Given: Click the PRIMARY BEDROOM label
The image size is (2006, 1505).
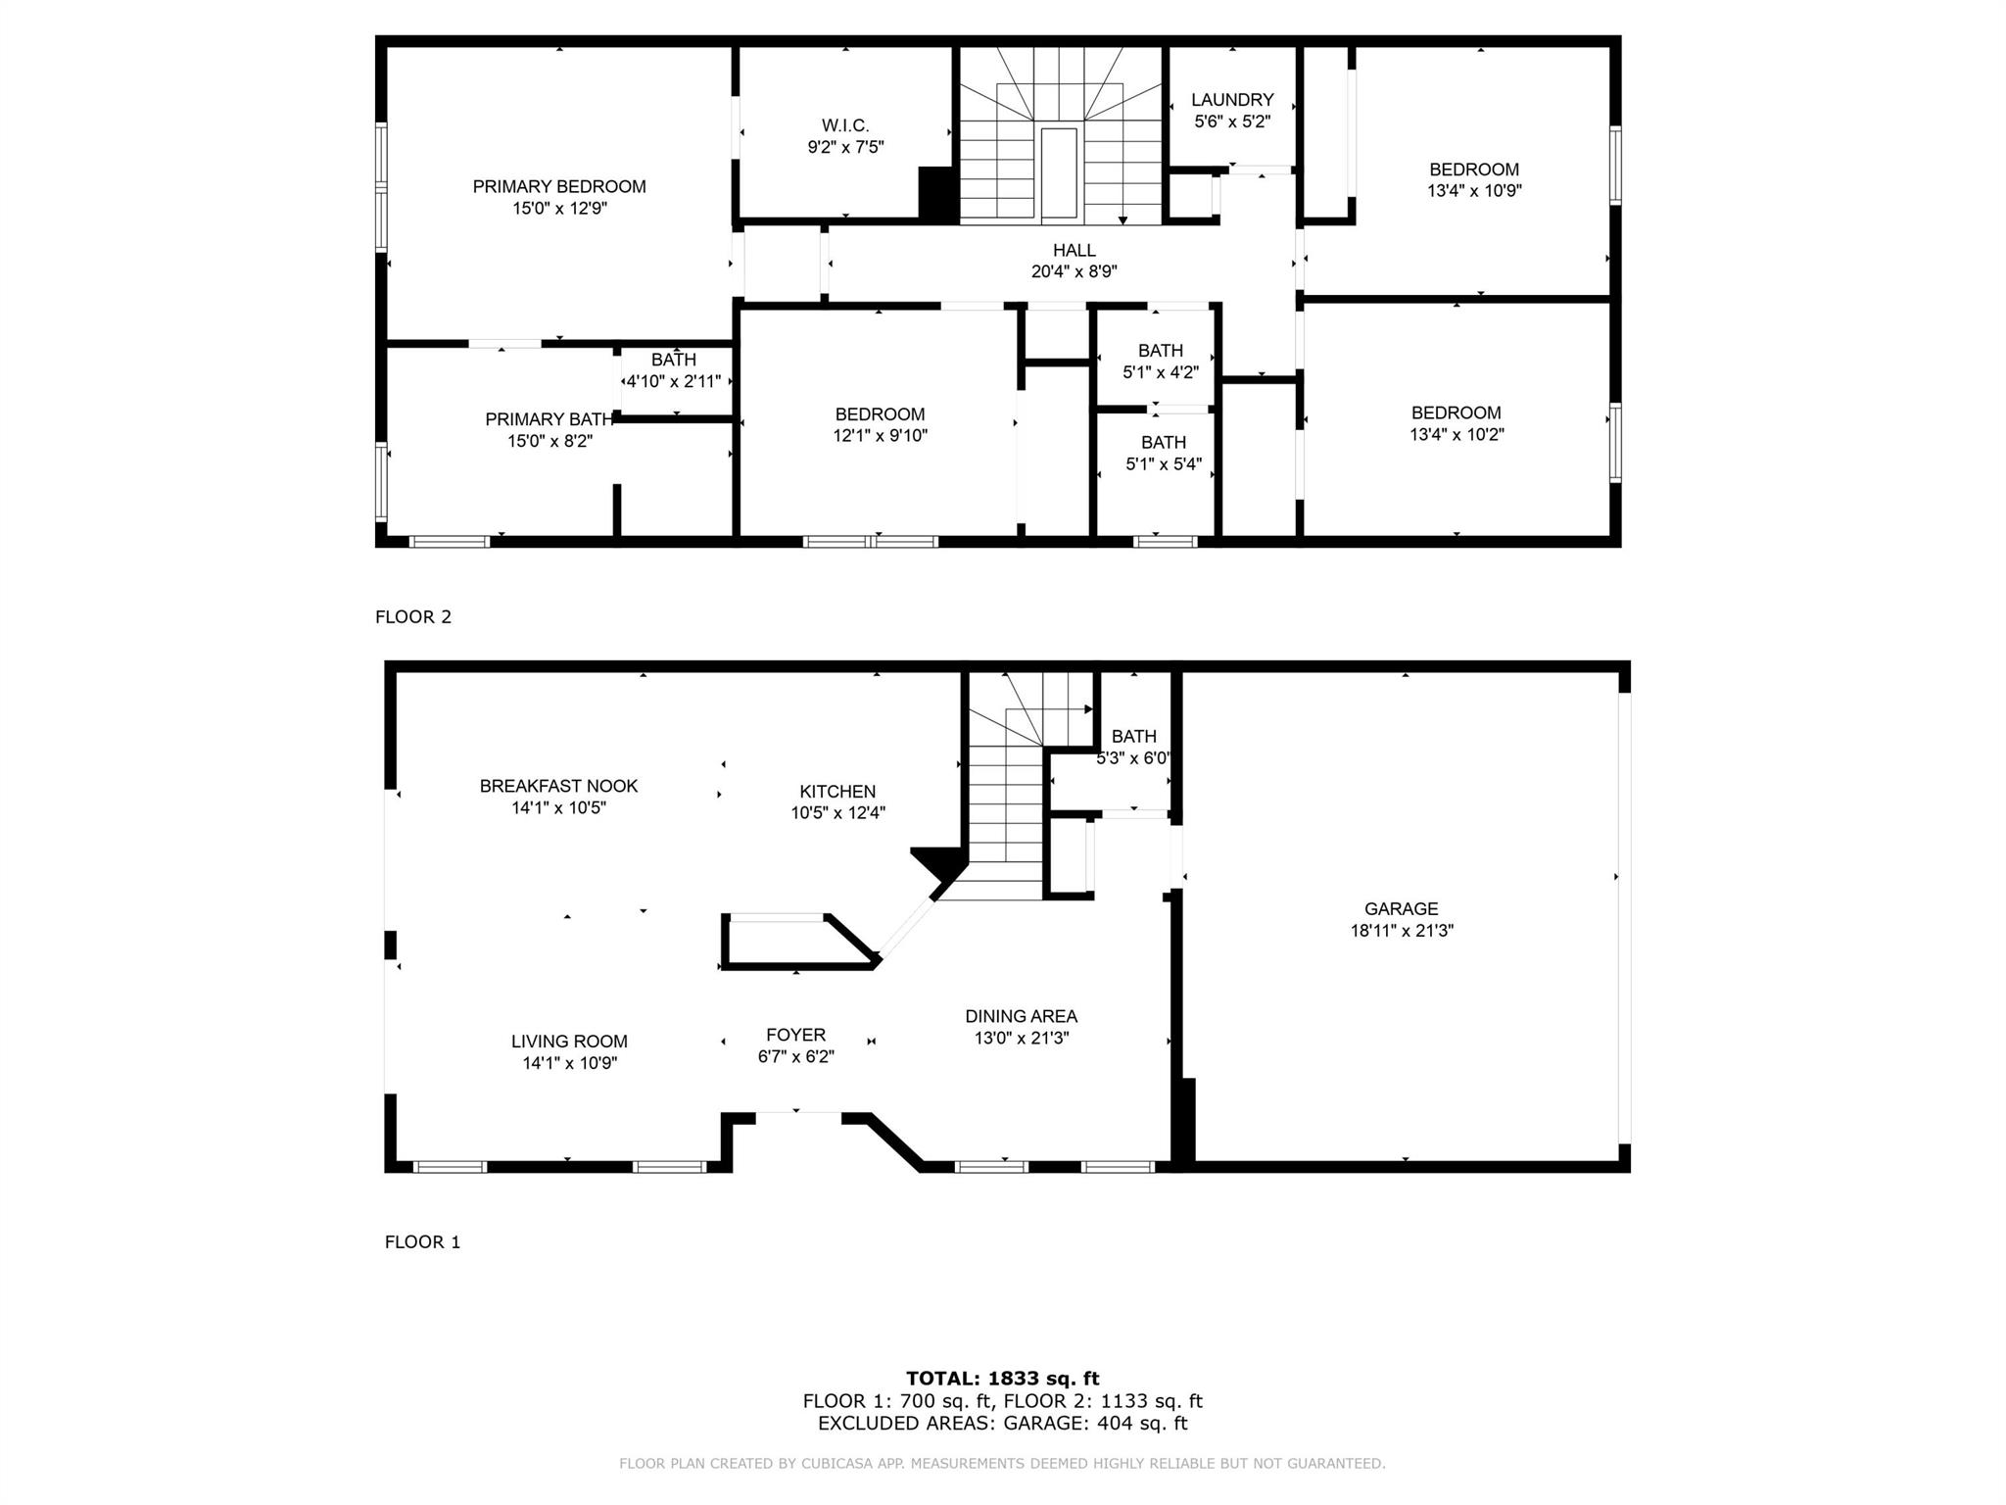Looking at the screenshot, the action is [x=559, y=186].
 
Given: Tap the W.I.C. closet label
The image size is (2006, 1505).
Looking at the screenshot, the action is [x=844, y=125].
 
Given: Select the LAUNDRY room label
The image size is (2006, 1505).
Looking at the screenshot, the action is [x=1232, y=100].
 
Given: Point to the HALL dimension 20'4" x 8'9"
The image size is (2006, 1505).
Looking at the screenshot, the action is [x=1074, y=271].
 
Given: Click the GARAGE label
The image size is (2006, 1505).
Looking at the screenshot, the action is [x=1401, y=909].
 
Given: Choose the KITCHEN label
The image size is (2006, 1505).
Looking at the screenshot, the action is [x=837, y=792].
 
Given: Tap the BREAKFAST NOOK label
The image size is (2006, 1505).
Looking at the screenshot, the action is [x=558, y=786].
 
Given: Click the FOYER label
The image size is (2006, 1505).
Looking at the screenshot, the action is [x=795, y=1035].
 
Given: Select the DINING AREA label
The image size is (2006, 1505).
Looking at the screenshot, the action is [x=1021, y=1017].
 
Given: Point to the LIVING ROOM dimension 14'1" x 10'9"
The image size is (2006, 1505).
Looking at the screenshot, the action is [x=569, y=1063].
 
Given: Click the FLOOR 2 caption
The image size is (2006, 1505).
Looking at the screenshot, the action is [x=413, y=617].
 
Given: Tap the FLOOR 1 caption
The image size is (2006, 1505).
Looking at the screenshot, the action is [x=422, y=1242].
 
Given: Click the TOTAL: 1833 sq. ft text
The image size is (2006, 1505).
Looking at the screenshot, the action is [x=1002, y=1379].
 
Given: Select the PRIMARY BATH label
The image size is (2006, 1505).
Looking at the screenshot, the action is [x=549, y=419].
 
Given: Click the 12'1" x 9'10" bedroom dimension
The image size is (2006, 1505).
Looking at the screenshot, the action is [x=880, y=436].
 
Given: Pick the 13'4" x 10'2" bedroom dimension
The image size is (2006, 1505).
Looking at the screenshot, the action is [x=1457, y=434].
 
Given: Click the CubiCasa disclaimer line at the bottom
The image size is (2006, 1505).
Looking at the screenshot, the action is [x=1002, y=1464].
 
